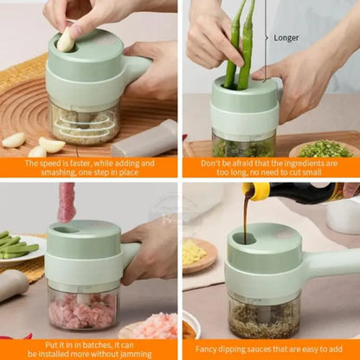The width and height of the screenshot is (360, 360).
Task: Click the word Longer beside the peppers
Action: coord(286,37)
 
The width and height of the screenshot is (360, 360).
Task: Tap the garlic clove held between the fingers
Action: coord(66,39)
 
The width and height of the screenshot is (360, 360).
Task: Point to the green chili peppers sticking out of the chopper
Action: coord(238,52)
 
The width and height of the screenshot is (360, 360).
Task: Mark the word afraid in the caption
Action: coord(241,162)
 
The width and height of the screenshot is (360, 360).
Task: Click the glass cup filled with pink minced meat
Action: coord(83,308)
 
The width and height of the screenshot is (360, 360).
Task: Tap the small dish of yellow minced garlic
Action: coord(195,253)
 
